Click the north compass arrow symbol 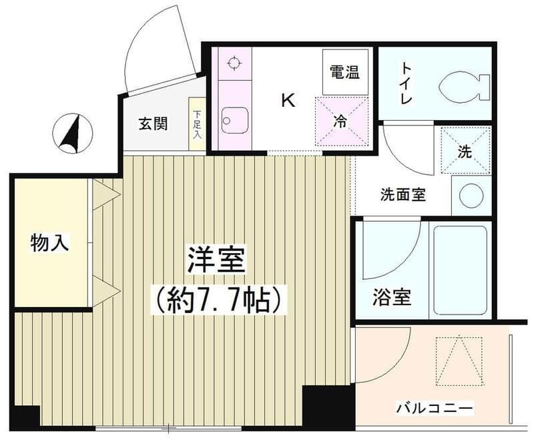coord(74,132)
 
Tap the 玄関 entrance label coord(153,124)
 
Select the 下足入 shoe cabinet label coord(197,125)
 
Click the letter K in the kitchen coord(288,101)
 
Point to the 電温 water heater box coord(345,72)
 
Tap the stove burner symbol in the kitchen coord(233,64)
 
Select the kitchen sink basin coord(234,121)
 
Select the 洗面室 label coord(404,195)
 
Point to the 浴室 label coord(392,298)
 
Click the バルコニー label coord(435,407)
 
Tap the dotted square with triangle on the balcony coord(459,361)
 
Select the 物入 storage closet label coord(50,244)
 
